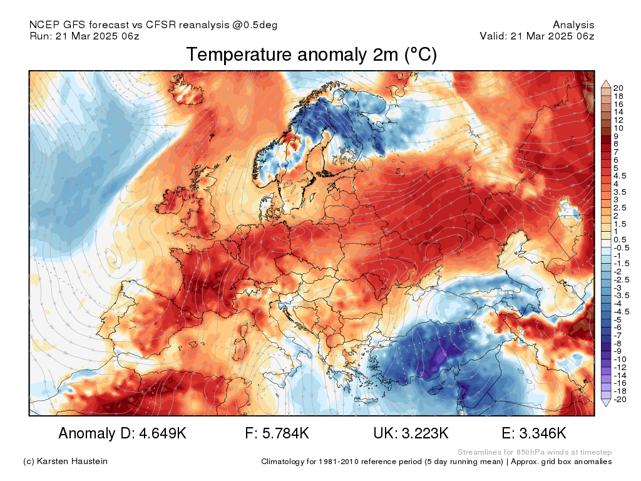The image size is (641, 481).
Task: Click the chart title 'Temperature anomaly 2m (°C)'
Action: coord(311,55)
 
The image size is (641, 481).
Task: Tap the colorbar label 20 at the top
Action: coord(618,88)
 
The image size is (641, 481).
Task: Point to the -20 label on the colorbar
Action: coord(620,399)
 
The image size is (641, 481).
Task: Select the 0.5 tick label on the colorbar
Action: coord(620,239)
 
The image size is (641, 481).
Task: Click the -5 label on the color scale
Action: coord(618,319)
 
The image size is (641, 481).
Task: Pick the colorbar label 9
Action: coord(616,136)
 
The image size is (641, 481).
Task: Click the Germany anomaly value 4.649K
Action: coord(156,433)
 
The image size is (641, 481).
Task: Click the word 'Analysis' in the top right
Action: coord(573,25)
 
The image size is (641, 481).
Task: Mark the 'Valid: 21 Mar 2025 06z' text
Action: coord(536,36)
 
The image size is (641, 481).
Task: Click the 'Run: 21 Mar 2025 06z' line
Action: coord(84,36)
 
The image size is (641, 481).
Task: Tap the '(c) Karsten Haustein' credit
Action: coord(65,462)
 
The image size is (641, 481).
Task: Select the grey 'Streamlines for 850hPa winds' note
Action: coord(535,452)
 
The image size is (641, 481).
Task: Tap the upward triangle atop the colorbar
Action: coord(605,83)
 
